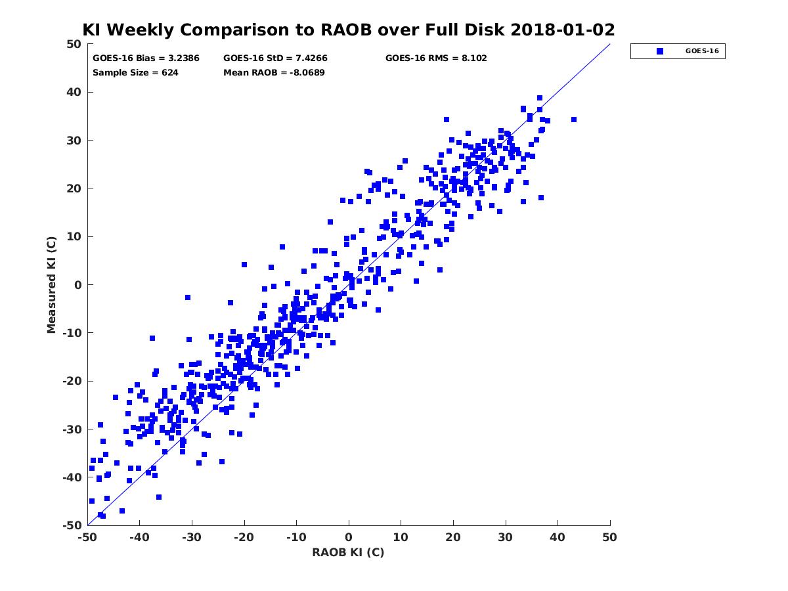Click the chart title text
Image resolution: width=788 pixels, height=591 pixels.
coord(348,30)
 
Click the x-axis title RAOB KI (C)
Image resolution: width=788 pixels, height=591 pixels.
coord(348,552)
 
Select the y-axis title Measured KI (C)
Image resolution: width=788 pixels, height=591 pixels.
coord(52,285)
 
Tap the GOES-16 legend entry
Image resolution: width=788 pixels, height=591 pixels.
coord(678,51)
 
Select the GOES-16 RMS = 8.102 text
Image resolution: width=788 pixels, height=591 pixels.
coord(436,58)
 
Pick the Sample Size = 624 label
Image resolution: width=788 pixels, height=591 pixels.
coord(135,73)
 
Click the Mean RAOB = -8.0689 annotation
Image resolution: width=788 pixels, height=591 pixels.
coord(274,73)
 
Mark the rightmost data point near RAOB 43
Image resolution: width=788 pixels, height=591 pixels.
coord(574,120)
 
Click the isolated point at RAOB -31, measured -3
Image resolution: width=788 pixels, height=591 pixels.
coord(188,297)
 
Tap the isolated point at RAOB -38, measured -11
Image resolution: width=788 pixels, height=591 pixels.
coord(152,338)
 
